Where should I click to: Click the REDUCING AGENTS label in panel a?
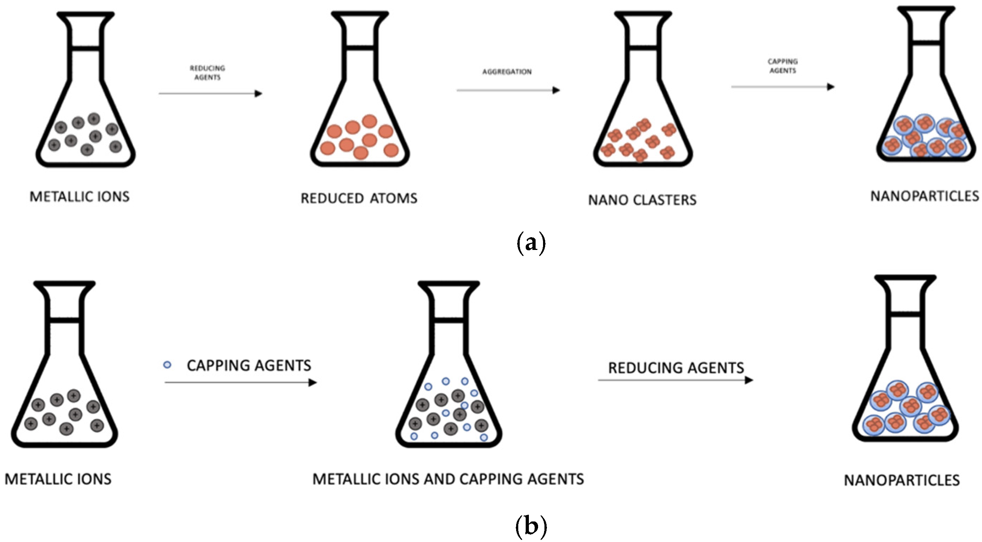pos(207,73)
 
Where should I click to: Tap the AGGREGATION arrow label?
pos(507,72)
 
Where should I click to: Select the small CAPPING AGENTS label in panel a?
pos(783,66)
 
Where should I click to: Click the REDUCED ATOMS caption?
pos(359,198)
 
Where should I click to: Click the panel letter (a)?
pos(531,243)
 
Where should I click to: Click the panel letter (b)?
pos(531,526)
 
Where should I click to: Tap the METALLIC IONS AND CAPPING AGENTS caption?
pos(448,479)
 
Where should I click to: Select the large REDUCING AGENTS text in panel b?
pos(675,368)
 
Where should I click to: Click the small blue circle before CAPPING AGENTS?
pos(167,365)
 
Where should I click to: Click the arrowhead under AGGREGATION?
pos(556,90)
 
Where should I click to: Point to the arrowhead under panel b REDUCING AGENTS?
pos(749,380)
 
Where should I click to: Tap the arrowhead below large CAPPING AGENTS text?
pos(313,382)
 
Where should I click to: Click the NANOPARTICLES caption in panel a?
pos(924,196)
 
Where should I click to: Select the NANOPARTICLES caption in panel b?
pos(902,480)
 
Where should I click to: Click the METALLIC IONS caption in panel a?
pos(79,197)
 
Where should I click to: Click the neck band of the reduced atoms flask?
pos(360,48)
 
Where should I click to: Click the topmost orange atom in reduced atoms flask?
pos(369,121)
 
